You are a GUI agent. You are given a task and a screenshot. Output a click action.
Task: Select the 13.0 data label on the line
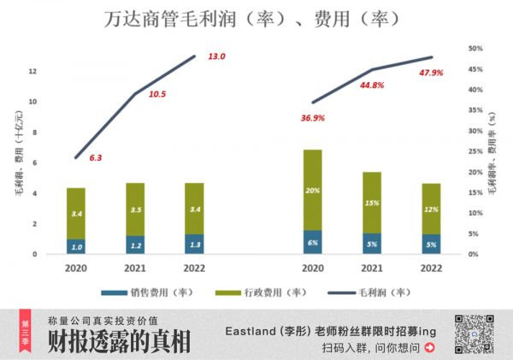coord(216,56)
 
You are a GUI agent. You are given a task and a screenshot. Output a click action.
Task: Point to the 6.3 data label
coord(96,157)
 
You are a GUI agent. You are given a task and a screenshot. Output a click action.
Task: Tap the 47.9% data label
coord(432,73)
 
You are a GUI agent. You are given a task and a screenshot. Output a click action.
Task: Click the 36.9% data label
coord(313,118)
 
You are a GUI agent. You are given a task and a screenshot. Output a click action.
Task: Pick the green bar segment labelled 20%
coord(312,190)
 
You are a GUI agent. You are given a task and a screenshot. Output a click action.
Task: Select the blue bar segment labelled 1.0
coord(76,246)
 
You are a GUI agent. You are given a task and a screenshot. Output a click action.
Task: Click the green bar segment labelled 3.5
coord(136,210)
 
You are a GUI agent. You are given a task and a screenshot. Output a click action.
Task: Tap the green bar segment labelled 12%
coord(432,209)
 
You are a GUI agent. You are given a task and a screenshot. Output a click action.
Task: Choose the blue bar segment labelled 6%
coord(312,242)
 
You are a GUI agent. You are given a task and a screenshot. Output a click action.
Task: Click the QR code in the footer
coord(475,333)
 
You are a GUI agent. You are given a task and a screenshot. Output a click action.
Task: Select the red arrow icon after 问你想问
coord(429,347)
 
